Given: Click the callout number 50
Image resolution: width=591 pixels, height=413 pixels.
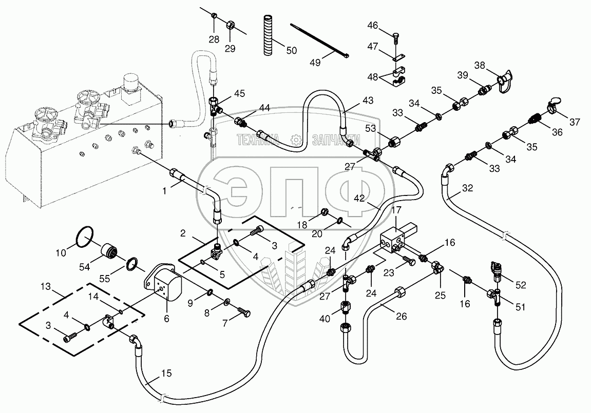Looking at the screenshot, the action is tap(291, 50).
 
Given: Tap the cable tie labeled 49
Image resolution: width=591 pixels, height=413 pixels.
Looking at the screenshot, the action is tap(319, 41).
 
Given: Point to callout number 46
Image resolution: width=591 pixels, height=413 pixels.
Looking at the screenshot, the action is tap(373, 26).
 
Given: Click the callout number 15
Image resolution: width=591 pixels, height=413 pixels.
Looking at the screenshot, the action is tap(166, 373).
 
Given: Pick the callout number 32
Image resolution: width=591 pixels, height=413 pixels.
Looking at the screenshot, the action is tap(467, 188).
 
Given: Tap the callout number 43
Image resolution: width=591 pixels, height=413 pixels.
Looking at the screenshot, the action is tap(368, 101).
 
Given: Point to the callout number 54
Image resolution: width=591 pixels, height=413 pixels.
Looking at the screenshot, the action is tap(84, 267).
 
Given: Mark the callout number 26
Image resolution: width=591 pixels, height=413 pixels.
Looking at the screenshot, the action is tap(402, 316).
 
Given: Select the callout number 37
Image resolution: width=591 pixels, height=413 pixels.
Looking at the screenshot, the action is tap(575, 122).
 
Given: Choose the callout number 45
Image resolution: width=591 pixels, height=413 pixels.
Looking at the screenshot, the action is tap(239, 93).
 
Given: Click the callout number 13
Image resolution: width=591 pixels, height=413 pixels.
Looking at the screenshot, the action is tap(45, 286).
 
